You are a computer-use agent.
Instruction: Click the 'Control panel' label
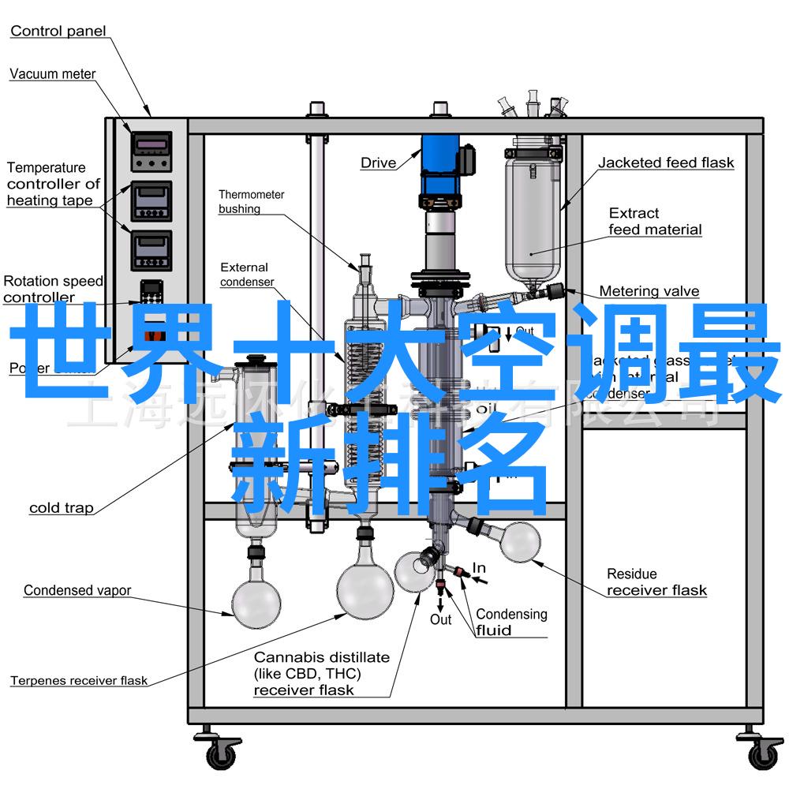[x=58, y=32]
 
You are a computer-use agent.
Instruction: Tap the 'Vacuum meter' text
[x=53, y=74]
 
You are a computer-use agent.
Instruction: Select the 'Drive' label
[x=379, y=163]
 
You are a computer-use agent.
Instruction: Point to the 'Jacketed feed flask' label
[x=666, y=163]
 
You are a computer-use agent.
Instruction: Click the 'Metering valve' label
[x=649, y=291]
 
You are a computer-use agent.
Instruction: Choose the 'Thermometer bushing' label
[x=252, y=202]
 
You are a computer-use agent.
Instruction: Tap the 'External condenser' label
[x=246, y=275]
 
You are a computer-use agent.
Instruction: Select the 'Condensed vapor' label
[x=77, y=590]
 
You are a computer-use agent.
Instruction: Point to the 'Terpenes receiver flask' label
[x=79, y=680]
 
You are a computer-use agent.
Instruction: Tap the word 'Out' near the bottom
[x=441, y=620]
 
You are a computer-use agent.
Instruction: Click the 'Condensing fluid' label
[x=511, y=622]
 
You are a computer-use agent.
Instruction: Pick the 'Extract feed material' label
[x=655, y=222]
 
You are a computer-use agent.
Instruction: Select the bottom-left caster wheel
[x=223, y=754]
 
